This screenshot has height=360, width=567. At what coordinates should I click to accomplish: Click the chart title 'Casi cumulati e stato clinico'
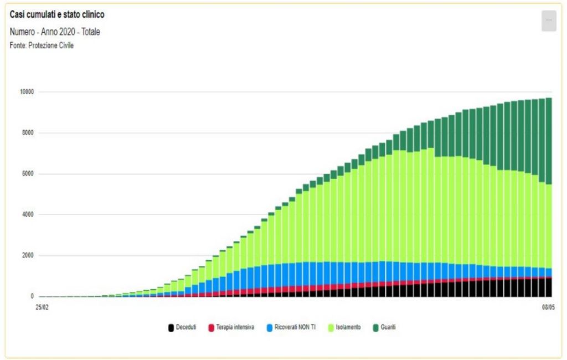pos(57,15)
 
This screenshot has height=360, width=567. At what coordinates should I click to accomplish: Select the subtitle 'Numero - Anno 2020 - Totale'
pos(55,32)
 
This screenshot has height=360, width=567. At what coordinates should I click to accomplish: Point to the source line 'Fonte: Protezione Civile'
pos(42,45)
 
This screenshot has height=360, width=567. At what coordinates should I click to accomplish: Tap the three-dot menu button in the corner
pos(548,20)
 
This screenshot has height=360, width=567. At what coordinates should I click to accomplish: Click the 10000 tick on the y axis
pos(27,92)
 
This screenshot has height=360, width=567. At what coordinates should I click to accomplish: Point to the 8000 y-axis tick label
pos(28,133)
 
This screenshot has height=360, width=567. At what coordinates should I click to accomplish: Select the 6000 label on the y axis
pos(28,174)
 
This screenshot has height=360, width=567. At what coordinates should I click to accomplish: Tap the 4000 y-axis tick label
pos(28,215)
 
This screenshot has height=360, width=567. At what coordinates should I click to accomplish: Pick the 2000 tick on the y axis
pos(28,256)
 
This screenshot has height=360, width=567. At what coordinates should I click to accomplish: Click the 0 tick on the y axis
pos(32,296)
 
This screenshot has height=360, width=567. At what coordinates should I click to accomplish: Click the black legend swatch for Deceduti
pos(172,328)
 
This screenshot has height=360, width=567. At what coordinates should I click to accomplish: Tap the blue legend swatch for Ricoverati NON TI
pos(270,328)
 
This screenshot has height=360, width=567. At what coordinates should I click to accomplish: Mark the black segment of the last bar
pos(549,287)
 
